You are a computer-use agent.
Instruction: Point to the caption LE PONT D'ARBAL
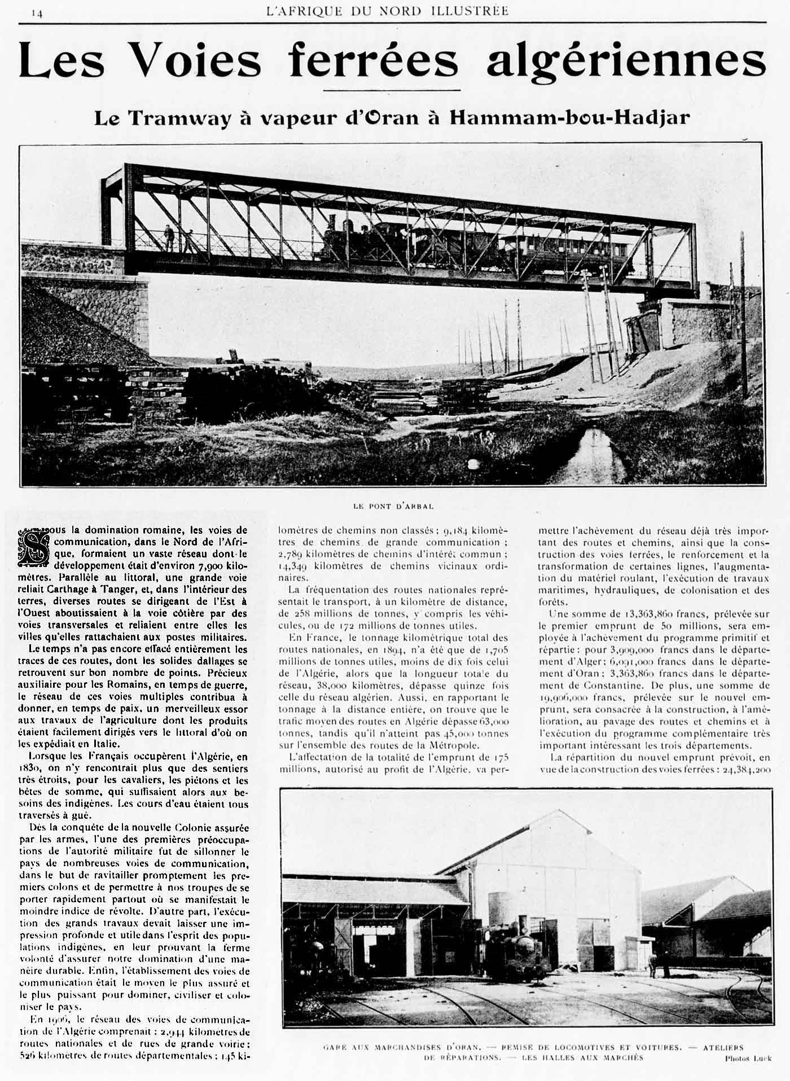click(393, 506)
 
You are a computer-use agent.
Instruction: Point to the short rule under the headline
click(392, 89)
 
